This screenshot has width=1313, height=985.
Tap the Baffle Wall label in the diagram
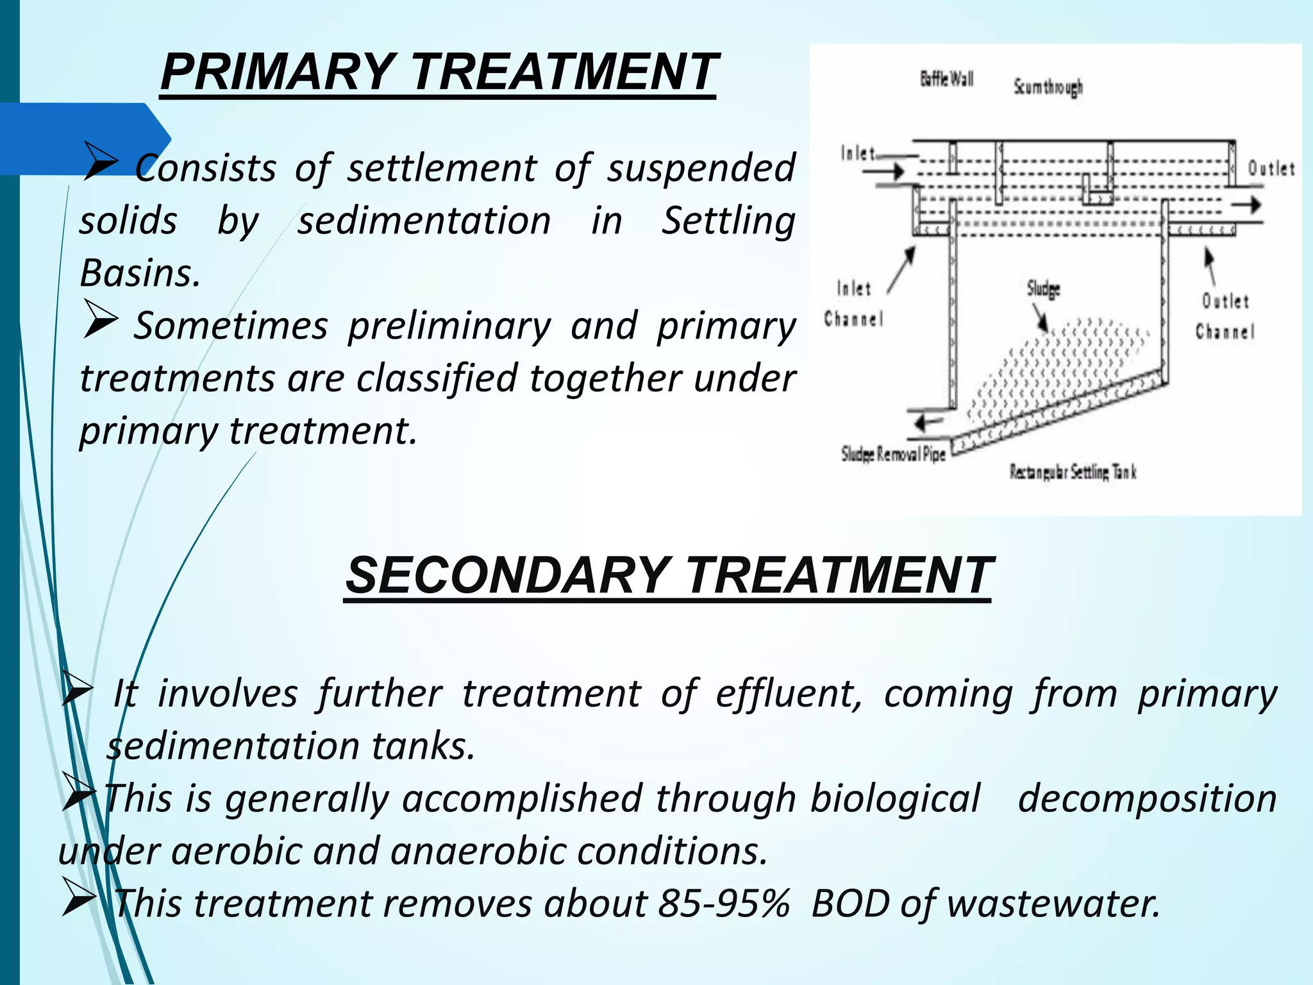pyautogui.click(x=946, y=80)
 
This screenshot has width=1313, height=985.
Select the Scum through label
pyautogui.click(x=1048, y=87)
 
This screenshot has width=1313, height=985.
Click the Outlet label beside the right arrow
pyautogui.click(x=1271, y=169)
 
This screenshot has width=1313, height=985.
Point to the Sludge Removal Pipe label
pyautogui.click(x=893, y=455)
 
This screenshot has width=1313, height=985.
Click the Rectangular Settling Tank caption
pyautogui.click(x=1073, y=473)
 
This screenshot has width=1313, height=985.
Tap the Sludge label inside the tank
pyautogui.click(x=1043, y=289)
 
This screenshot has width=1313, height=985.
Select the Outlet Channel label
pyautogui.click(x=1225, y=316)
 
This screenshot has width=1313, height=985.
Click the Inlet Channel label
pyautogui.click(x=853, y=303)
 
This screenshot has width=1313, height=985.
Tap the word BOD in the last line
pyautogui.click(x=849, y=904)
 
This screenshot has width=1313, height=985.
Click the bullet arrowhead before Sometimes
pyautogui.click(x=100, y=323)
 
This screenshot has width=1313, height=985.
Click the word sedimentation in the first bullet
pyautogui.click(x=424, y=221)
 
